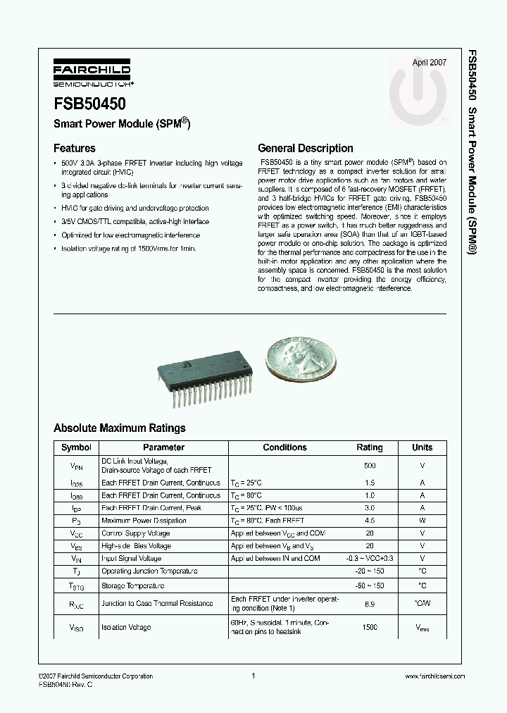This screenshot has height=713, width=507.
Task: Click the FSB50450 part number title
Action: pyautogui.click(x=89, y=104)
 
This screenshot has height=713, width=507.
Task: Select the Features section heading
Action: pyautogui.click(x=75, y=149)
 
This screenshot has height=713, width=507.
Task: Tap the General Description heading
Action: pyautogui.click(x=306, y=149)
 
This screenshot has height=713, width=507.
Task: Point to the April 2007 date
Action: pyautogui.click(x=429, y=63)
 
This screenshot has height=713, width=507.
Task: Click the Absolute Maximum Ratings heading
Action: pyautogui.click(x=120, y=428)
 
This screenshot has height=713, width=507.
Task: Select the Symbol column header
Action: pyautogui.click(x=76, y=447)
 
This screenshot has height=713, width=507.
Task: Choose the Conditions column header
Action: pyautogui.click(x=284, y=447)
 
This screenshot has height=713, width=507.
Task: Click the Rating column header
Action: pyautogui.click(x=370, y=447)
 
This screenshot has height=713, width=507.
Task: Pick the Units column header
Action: pyautogui.click(x=423, y=447)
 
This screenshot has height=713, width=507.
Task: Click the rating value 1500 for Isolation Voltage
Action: pyautogui.click(x=370, y=627)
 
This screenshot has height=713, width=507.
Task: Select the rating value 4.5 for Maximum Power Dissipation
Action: pyautogui.click(x=370, y=521)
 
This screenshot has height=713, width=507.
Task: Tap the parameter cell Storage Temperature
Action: pyautogui.click(x=134, y=585)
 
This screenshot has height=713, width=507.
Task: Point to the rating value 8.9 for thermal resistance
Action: pyautogui.click(x=370, y=604)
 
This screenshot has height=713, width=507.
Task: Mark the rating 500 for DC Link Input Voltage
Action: pyautogui.click(x=370, y=466)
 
